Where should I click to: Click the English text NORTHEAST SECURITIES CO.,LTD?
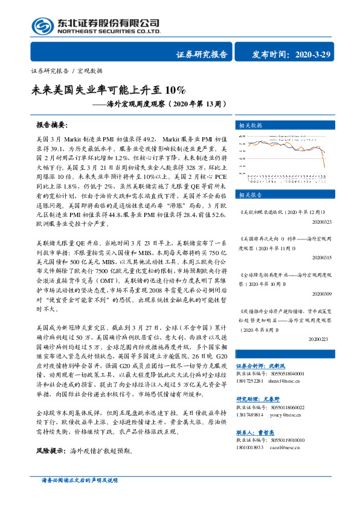[109, 31]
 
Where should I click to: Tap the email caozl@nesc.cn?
[283, 446]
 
